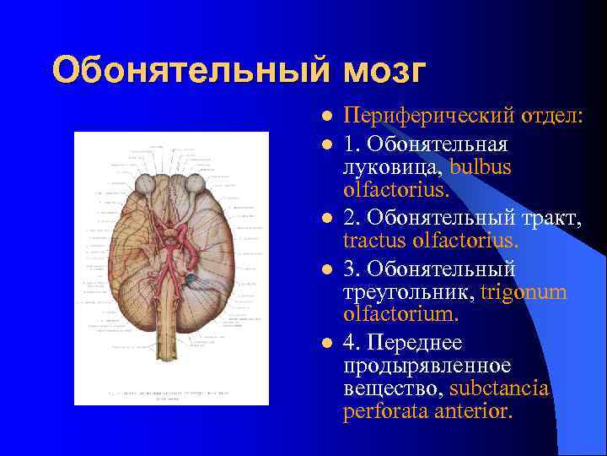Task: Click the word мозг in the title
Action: [x=384, y=71]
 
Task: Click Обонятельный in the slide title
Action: [x=193, y=71]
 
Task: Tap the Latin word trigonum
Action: [x=524, y=292]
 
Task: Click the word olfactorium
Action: [x=400, y=314]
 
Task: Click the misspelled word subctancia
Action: [x=499, y=388]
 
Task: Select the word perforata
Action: [x=384, y=412]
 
